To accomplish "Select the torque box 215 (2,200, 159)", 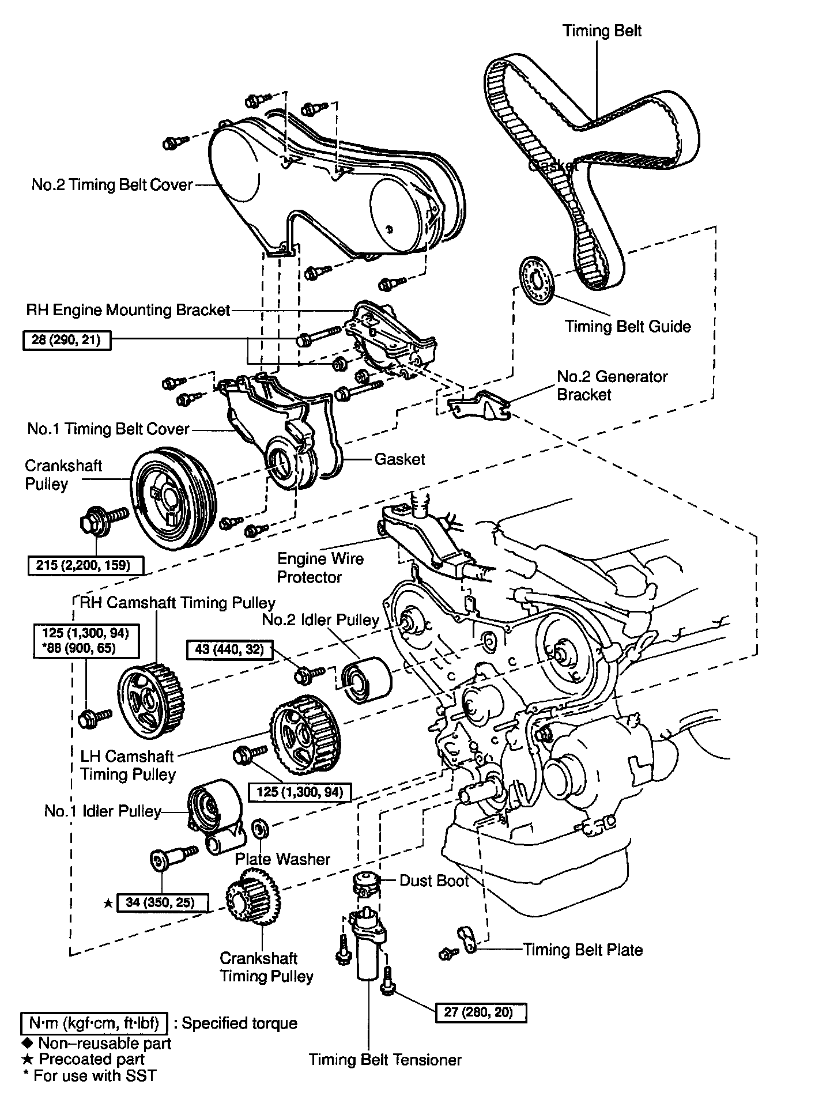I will (85, 565).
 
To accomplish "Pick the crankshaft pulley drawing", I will (172, 498).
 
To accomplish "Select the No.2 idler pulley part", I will (367, 679).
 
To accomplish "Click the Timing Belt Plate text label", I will (582, 950).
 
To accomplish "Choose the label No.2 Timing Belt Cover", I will (112, 185).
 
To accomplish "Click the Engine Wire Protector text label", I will (320, 568).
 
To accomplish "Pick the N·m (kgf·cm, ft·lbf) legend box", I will (94, 1023).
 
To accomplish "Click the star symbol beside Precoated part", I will (27, 1059).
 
